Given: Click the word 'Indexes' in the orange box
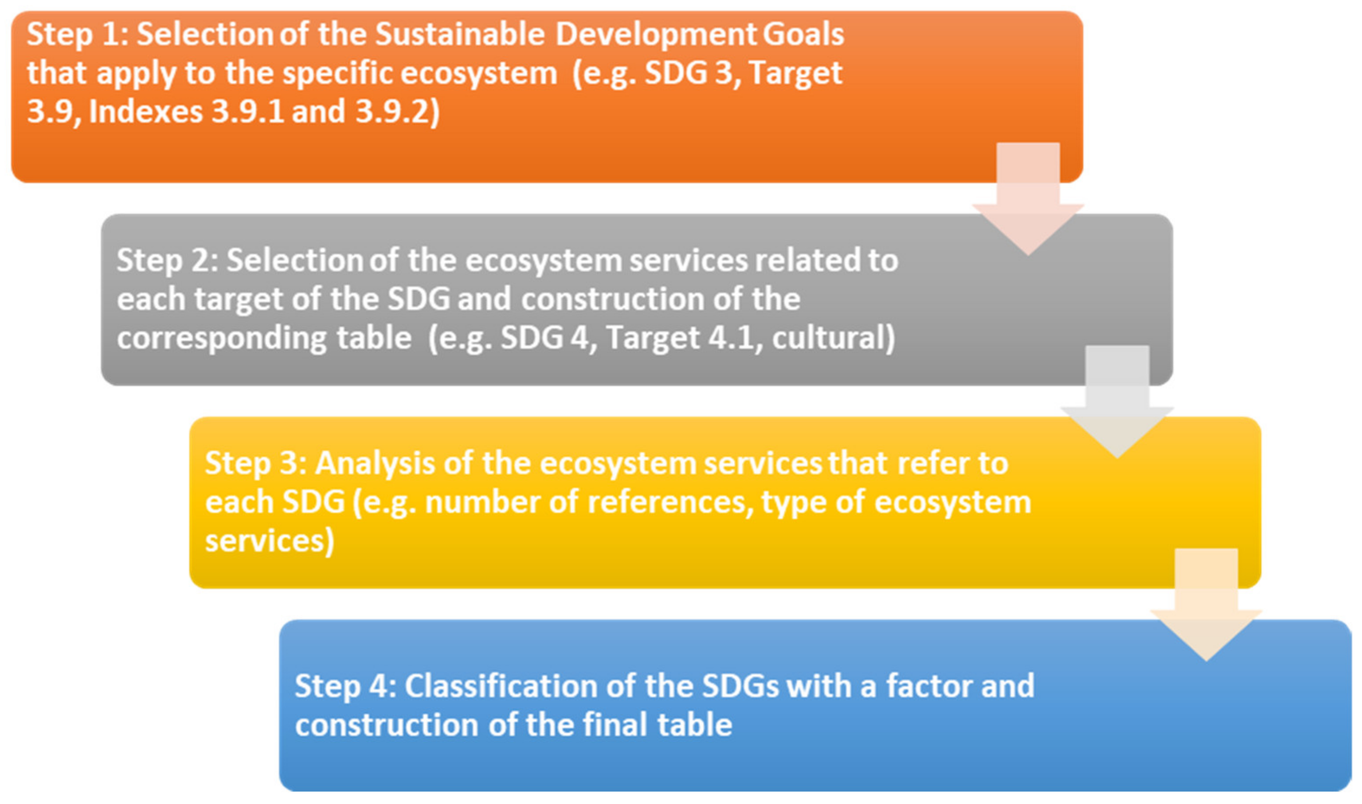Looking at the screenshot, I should click(x=145, y=112).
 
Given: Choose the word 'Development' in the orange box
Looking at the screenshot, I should click(x=655, y=35).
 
